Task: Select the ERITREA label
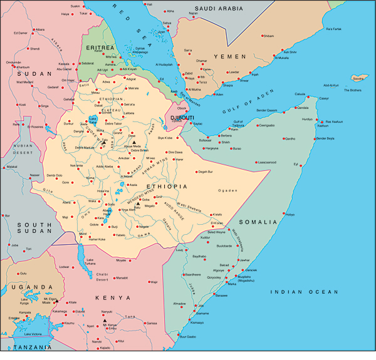click(x=100, y=47)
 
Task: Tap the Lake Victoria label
click(x=36, y=334)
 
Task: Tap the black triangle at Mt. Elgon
click(x=56, y=300)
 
